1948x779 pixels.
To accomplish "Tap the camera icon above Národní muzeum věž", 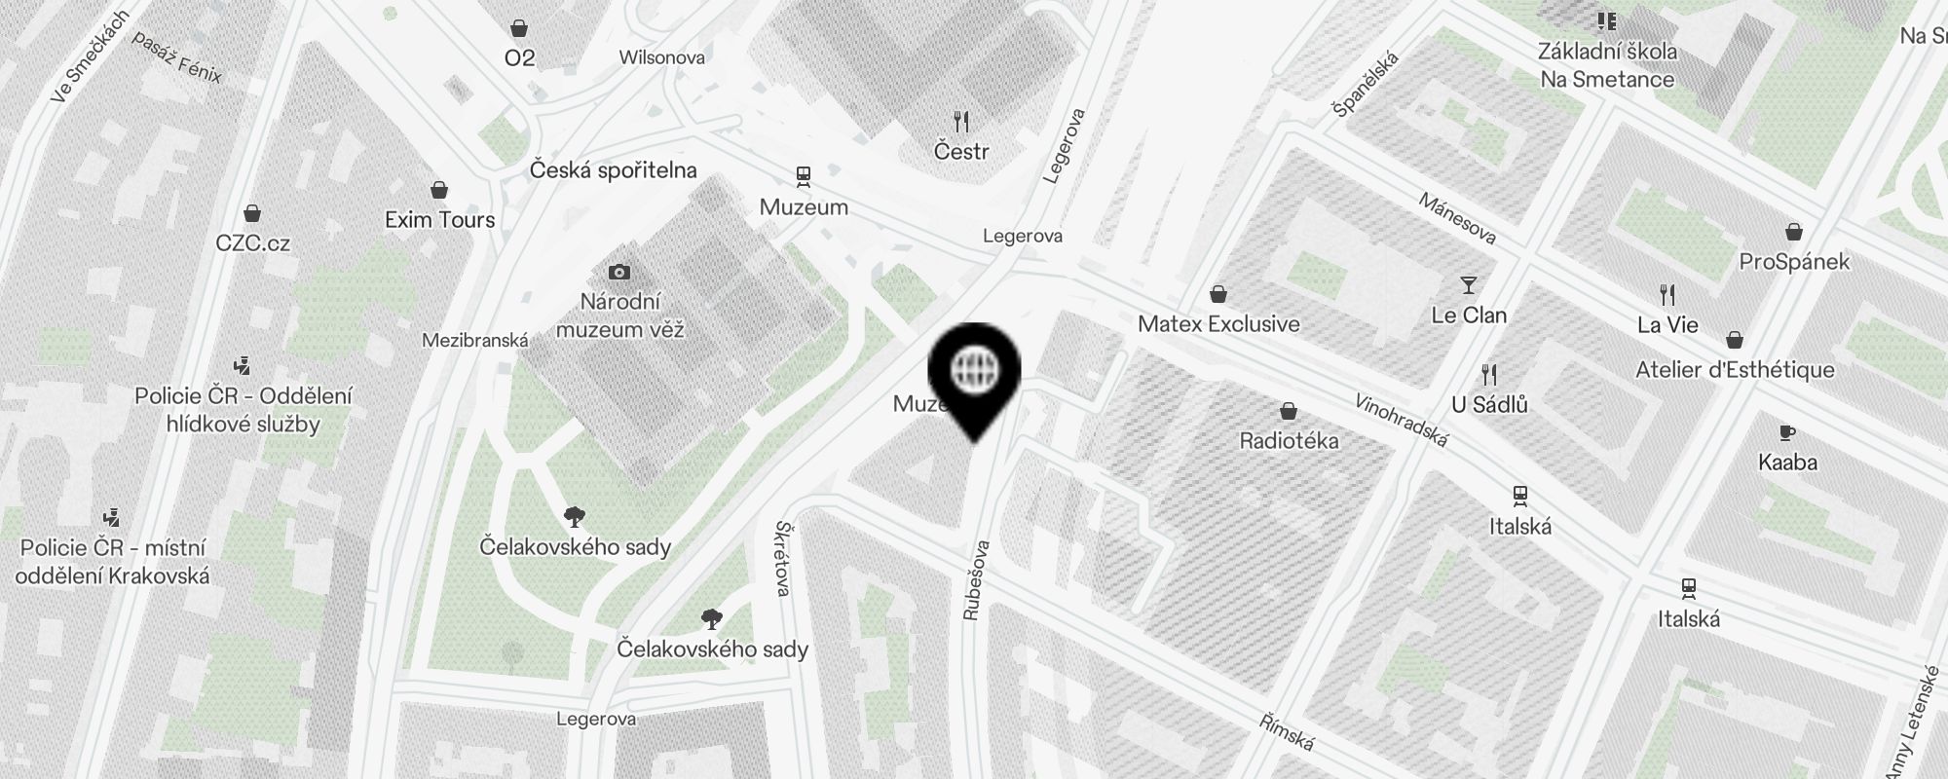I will (x=618, y=272).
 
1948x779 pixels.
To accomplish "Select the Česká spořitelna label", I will (x=614, y=170).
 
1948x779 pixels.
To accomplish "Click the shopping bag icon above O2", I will (x=519, y=28).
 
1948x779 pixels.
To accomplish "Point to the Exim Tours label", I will (x=439, y=220).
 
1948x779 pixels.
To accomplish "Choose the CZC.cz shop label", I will (x=253, y=242).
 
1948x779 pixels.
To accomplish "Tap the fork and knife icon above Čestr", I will (x=961, y=122).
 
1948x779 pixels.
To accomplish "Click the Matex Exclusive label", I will (x=1218, y=324).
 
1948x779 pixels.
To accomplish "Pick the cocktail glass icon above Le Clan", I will (x=1469, y=285).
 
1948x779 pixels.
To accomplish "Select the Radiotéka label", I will (x=1289, y=441).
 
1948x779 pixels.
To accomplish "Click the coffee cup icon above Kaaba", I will (x=1787, y=433).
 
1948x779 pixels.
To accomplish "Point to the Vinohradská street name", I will (x=1402, y=421).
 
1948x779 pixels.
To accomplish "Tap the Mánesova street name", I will (x=1457, y=218).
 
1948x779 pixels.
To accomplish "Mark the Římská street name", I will (x=1286, y=731).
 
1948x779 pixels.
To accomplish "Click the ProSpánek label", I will (x=1794, y=262).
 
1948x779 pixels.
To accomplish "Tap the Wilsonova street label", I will (x=662, y=57).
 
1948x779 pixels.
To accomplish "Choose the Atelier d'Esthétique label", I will (x=1735, y=370).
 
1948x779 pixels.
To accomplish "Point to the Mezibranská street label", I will (x=475, y=341).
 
